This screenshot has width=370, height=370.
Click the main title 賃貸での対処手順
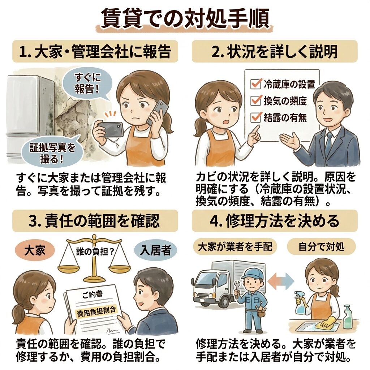click(x=185, y=18)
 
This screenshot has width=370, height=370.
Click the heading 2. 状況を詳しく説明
click(x=275, y=51)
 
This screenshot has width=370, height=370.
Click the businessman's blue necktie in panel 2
click(x=329, y=142)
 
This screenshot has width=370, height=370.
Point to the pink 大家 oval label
click(x=35, y=250)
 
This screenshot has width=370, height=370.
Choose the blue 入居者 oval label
click(x=155, y=250)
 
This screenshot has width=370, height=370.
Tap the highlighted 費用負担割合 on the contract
click(x=96, y=311)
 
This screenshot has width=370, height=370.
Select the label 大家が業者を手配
click(x=235, y=247)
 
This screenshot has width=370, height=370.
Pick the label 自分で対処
click(x=321, y=247)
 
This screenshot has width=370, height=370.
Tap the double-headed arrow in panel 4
click(x=281, y=281)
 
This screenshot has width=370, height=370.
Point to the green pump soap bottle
click(x=348, y=317)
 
